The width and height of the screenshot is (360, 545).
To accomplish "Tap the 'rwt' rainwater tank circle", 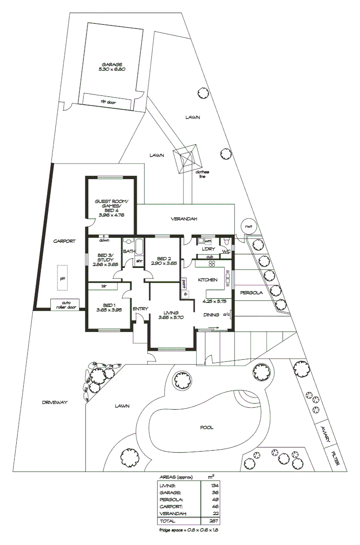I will coord(248,227).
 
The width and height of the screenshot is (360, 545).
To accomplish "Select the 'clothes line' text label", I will coord(203,174).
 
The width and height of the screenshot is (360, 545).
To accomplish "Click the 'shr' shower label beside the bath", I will coord(139,261).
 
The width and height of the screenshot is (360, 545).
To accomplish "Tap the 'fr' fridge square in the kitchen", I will coord(185,293).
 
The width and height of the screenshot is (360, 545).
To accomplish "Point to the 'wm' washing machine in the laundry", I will coord(208,241).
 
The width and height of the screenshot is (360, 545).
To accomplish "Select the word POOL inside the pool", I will coord(207,427).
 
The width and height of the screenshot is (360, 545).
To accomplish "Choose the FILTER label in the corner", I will coord(336,458).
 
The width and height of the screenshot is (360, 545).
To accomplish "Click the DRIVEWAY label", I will coord(54,402).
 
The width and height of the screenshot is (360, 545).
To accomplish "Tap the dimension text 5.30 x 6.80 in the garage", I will coord(111,69).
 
